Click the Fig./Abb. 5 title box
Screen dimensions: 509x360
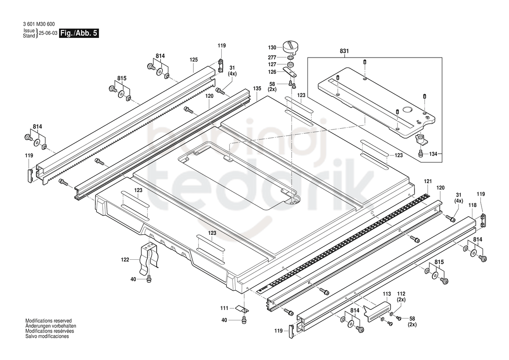(78, 34)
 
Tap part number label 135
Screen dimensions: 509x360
(257, 88)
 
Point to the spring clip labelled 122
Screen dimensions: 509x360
(148, 258)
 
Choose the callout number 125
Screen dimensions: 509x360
(193, 60)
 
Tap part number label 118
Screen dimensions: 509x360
(473, 205)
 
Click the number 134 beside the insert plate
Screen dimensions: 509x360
(433, 154)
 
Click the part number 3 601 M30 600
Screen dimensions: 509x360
(39, 24)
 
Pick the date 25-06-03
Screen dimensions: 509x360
(48, 33)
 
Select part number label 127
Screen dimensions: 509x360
(272, 65)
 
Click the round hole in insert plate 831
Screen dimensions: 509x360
(406, 109)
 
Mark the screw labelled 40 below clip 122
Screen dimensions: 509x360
(149, 278)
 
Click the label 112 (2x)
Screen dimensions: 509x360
(401, 297)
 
